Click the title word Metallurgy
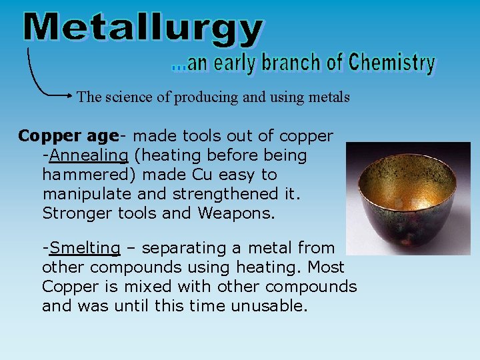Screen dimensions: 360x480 143,30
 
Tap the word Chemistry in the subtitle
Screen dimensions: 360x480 391,63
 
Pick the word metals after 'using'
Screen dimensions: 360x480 328,97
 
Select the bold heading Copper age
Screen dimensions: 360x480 68,137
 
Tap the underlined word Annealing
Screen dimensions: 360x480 89,156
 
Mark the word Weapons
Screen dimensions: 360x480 238,214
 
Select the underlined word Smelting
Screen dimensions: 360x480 85,249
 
